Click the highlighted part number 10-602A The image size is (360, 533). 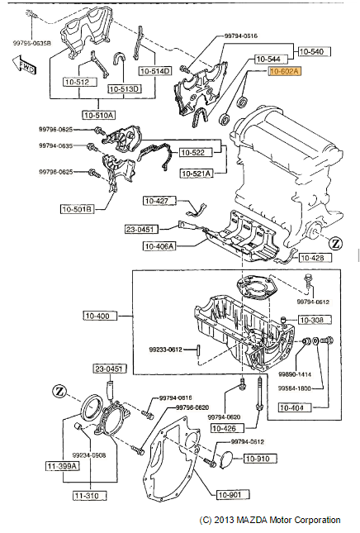click(286, 73)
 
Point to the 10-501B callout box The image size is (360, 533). click(76, 209)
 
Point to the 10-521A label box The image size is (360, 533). click(197, 173)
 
